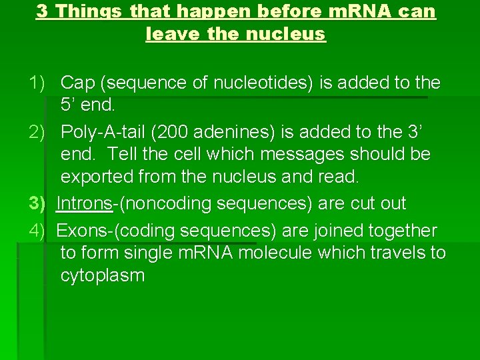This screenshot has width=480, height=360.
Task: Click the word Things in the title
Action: [91, 11]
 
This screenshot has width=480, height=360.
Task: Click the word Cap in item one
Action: [77, 83]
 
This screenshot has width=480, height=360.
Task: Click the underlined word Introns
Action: [84, 203]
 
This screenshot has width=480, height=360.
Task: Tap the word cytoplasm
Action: [102, 275]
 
